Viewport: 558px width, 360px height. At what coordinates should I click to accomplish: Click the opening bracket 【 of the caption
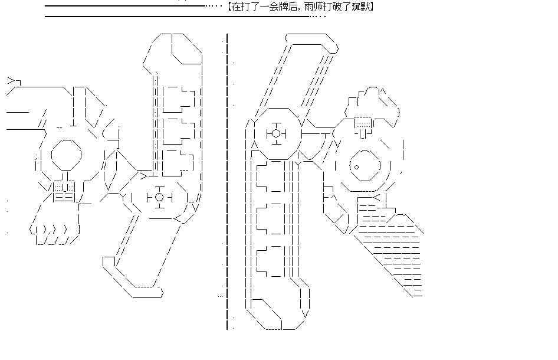pos(228,6)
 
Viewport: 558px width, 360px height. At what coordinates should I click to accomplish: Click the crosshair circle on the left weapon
pos(159,197)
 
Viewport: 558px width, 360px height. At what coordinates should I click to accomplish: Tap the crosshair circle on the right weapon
pos(276,133)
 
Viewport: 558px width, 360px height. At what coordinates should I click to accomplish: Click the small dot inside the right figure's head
pos(356,167)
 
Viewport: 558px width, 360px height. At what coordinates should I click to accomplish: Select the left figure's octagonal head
pos(66,155)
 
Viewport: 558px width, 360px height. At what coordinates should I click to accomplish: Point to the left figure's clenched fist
pos(54,233)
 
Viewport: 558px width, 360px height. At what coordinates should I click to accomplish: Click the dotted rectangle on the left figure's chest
pos(64,186)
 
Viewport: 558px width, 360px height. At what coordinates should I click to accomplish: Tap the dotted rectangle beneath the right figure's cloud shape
pos(363,123)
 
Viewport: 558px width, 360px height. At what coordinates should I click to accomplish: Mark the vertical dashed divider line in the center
pos(227,182)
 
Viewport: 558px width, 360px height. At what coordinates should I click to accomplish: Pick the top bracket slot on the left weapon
pos(179,99)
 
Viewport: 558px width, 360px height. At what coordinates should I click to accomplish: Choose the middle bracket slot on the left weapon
pos(179,131)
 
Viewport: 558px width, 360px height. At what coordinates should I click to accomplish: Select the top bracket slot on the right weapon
pos(270,176)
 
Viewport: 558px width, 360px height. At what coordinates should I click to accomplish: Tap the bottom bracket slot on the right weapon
pos(270,261)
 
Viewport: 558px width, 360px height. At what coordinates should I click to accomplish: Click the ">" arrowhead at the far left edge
pos(11,81)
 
